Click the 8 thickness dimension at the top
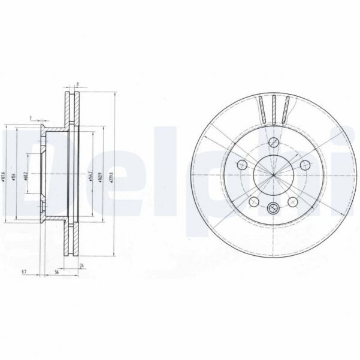(x=78, y=85)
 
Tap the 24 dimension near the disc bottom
(x=81, y=265)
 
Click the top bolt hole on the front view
(x=273, y=143)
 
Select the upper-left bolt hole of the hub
(x=242, y=165)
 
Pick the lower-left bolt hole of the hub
(x=253, y=201)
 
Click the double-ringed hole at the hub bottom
(x=273, y=208)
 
